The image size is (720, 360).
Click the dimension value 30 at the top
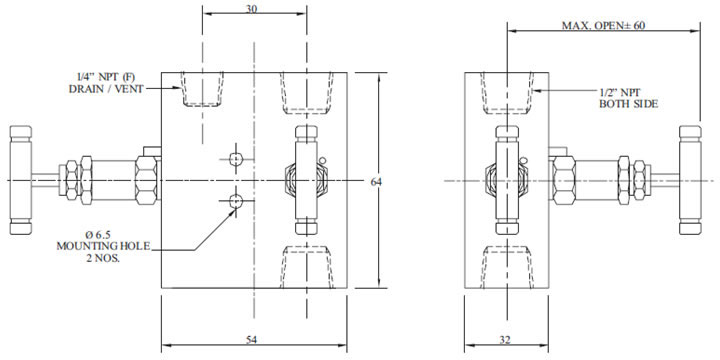(x=251, y=9)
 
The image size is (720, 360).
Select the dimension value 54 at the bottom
(x=251, y=340)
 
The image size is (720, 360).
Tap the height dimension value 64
(x=376, y=182)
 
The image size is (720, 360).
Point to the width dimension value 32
(x=505, y=340)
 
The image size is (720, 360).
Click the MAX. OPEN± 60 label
(x=603, y=26)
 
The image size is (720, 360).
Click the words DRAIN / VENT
(x=106, y=89)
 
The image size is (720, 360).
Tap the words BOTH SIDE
(x=628, y=104)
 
